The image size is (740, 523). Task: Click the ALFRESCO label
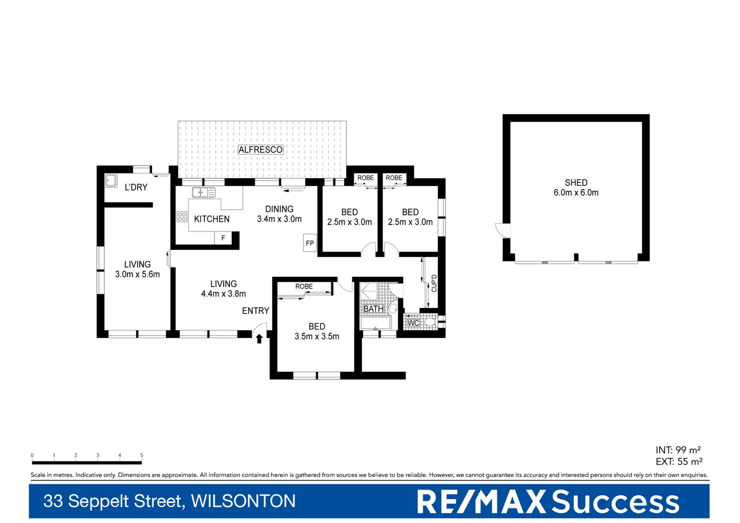pos(260,150)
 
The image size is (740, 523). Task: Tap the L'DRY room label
pos(136,187)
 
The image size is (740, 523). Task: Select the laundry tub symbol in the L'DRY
pos(111,181)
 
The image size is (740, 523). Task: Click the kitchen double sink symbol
pos(203,192)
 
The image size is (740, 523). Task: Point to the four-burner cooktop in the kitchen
pos(182,216)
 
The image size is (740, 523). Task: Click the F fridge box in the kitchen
pos(223,238)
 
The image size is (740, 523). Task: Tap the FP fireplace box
pos(309,243)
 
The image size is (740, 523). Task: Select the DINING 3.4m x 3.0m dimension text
pos(279,219)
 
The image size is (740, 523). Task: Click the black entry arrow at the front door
pos(259,338)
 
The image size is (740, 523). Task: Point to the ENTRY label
pos(255,311)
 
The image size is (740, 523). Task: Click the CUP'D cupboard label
pos(434,283)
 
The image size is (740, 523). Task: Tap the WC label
pos(413,323)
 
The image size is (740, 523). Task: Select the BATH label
pos(373,309)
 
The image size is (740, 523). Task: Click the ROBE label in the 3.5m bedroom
pos(304,286)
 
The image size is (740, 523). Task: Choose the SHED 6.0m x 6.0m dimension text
pos(576,193)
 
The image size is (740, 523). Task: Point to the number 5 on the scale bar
pos(141,455)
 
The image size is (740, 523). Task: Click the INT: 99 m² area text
pos(678,450)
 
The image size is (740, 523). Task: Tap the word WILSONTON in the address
pos(243,501)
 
